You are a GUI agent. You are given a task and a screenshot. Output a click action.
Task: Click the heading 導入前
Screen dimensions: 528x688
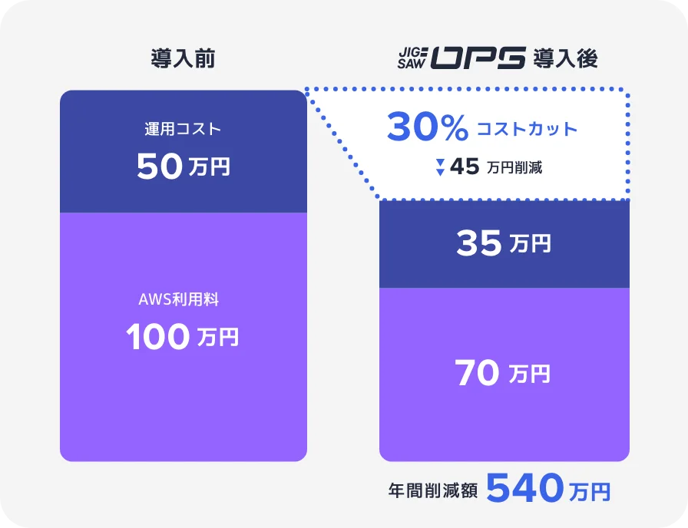[183, 59]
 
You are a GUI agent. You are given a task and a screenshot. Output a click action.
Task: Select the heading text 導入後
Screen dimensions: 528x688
[565, 59]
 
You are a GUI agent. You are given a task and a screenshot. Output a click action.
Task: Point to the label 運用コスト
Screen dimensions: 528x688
[183, 129]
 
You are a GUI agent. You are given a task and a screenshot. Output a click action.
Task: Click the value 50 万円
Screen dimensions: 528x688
[183, 167]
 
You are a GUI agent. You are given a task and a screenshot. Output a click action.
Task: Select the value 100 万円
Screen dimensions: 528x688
[183, 338]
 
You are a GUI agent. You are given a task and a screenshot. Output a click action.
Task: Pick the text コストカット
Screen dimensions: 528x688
[527, 129]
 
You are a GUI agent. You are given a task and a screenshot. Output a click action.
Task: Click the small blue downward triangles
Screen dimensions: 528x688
[440, 167]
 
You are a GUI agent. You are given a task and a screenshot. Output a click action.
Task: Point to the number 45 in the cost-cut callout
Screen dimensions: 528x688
[465, 167]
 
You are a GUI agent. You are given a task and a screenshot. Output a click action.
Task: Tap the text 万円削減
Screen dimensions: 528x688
[514, 167]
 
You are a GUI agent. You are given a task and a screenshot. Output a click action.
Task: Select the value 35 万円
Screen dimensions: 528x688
[504, 244]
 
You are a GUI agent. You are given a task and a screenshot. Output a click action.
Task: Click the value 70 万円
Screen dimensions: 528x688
[504, 375]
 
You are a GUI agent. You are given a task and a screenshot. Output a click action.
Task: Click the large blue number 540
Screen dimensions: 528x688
[525, 488]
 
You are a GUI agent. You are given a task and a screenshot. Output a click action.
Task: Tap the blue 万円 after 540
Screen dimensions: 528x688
[590, 491]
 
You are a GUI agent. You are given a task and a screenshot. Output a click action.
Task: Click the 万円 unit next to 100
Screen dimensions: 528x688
[217, 338]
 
